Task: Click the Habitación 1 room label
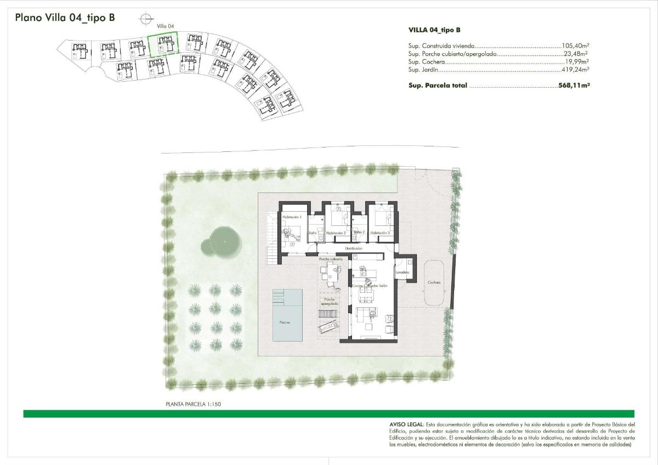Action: click(292, 218)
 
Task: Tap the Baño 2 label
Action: click(359, 232)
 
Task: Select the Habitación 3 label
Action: click(379, 233)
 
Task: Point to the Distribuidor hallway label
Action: click(354, 248)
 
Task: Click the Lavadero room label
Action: click(401, 272)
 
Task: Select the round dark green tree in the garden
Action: click(223, 242)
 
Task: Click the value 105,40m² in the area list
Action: click(575, 47)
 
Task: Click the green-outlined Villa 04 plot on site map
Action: click(163, 45)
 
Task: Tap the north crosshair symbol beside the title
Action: click(146, 19)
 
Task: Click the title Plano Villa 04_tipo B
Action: click(65, 18)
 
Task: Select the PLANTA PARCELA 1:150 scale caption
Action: click(193, 404)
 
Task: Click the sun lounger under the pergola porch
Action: click(328, 327)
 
